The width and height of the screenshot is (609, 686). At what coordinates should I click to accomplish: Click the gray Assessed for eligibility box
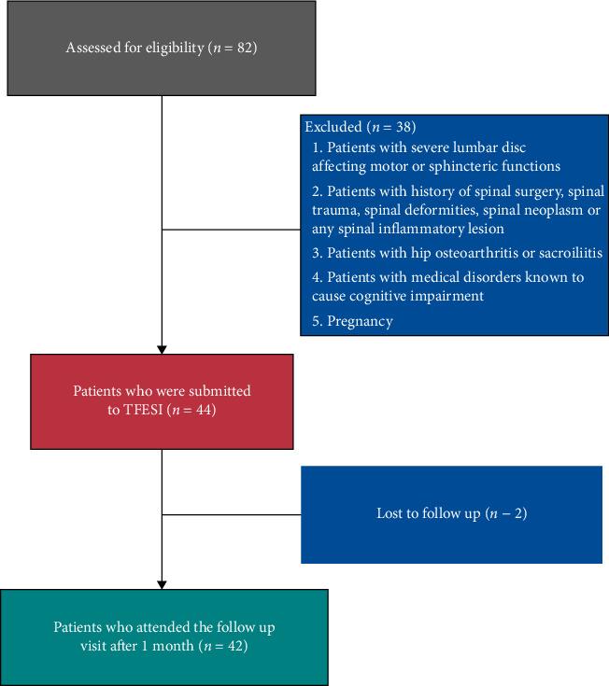pos(162,48)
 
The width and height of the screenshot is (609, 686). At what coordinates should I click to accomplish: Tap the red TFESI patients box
pos(162,400)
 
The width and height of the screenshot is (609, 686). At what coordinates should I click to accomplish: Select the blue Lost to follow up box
pos(451,513)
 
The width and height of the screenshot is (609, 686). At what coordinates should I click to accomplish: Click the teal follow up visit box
pos(164,637)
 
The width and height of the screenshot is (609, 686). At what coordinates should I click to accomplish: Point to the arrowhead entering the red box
pos(163,349)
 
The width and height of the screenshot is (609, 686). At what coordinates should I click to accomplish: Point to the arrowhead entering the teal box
pos(163,584)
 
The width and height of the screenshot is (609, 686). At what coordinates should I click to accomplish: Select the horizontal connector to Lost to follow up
pos(231,513)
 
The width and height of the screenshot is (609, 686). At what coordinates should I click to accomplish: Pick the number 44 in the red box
pos(205,409)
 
